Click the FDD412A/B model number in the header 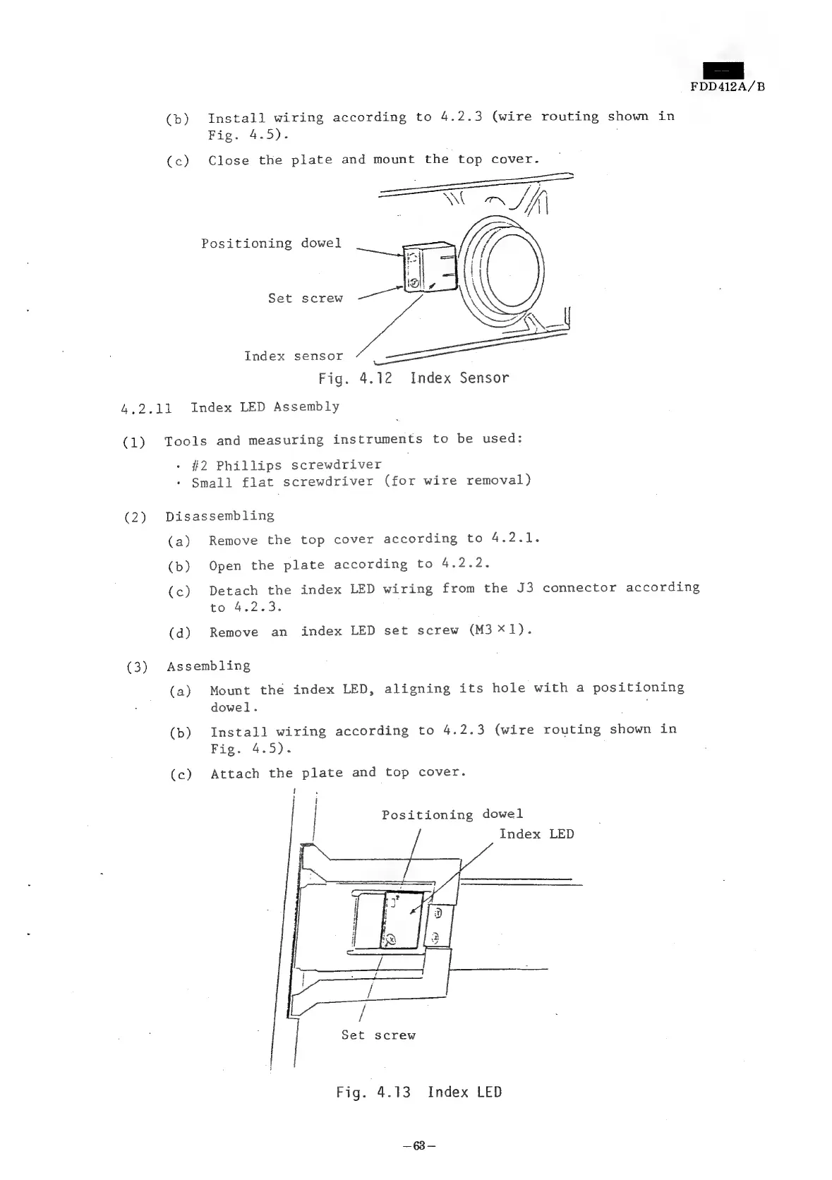click(x=727, y=87)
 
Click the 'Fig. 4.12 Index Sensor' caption click(x=414, y=378)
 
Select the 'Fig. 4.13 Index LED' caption click(x=418, y=1092)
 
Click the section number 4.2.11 click(x=147, y=408)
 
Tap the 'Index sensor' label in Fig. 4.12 click(x=294, y=356)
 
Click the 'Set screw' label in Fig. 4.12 click(x=305, y=299)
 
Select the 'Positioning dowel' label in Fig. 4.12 click(x=271, y=243)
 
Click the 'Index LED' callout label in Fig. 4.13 click(x=536, y=834)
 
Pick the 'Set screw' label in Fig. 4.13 click(x=378, y=1035)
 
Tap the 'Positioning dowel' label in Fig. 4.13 click(x=452, y=814)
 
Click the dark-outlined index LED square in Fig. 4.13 click(x=404, y=920)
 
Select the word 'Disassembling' click(x=219, y=516)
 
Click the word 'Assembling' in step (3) click(x=208, y=666)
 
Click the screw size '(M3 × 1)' click(x=499, y=630)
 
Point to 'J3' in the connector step click(x=524, y=588)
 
